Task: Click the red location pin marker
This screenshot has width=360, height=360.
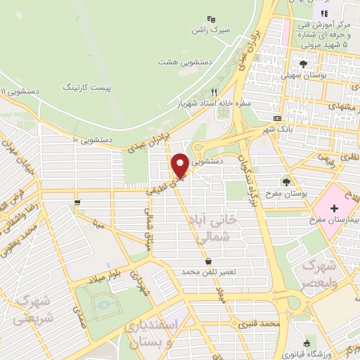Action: click(180, 165)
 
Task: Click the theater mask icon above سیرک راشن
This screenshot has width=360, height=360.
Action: click(212, 20)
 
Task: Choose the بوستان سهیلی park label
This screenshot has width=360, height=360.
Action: click(301, 75)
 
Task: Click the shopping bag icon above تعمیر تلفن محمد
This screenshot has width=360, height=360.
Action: click(208, 261)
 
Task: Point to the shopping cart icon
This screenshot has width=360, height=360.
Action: click(76, 204)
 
